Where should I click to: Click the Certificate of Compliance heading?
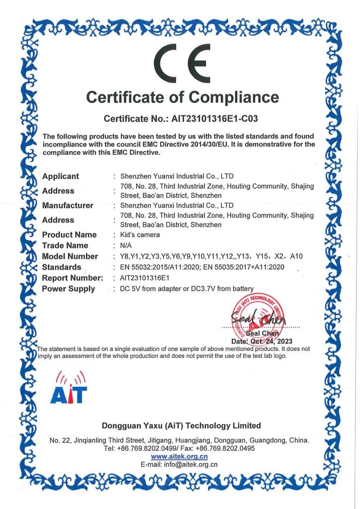(182, 96)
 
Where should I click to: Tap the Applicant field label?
(61, 176)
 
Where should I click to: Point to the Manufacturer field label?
(68, 205)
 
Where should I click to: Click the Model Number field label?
(70, 256)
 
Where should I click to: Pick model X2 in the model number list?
(284, 256)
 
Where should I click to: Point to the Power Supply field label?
(69, 289)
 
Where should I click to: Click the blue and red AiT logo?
(68, 388)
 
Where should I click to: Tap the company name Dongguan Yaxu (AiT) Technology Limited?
(181, 425)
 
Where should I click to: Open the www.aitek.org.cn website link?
(179, 456)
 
